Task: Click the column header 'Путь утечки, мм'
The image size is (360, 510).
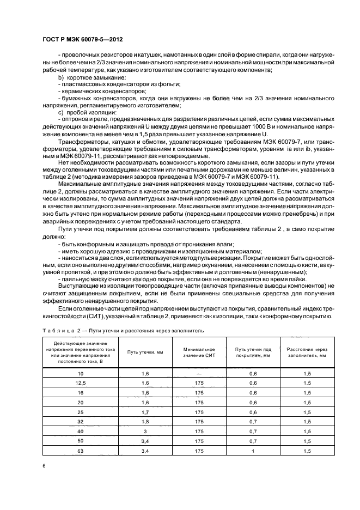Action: tap(145, 353)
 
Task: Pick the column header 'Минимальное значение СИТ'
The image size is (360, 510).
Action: tap(199, 353)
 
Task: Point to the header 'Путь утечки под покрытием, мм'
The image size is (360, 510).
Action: tap(253, 353)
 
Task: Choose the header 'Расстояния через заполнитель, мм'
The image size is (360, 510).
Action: tap(307, 353)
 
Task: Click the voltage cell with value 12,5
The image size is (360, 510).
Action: tap(81, 383)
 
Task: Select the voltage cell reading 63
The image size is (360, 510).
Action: tap(81, 451)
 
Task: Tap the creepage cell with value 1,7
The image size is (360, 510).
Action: tap(145, 412)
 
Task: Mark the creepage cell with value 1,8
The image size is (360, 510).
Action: tap(145, 422)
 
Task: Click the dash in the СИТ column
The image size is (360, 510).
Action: tap(199, 374)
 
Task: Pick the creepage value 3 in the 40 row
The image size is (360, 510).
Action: tap(145, 431)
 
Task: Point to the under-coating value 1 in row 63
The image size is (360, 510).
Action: tap(253, 451)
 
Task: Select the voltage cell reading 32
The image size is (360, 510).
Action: tap(81, 422)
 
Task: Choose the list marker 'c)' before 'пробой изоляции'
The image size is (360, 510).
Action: tap(61, 112)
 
